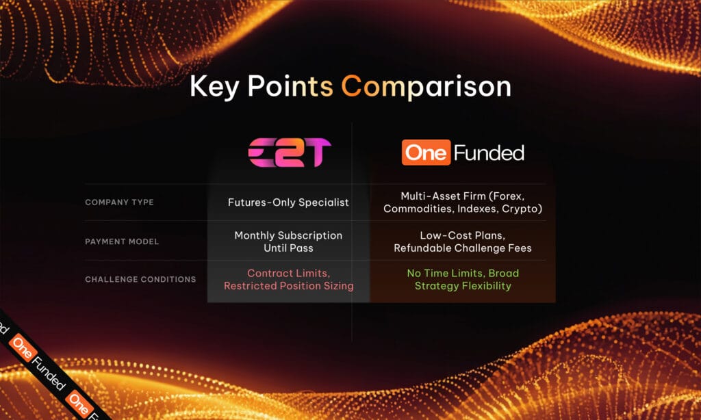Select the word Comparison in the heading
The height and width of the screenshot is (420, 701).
point(426,88)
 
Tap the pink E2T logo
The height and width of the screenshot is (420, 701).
point(289,152)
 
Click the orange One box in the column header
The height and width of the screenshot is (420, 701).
point(425,153)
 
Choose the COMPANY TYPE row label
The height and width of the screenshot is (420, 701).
point(119,202)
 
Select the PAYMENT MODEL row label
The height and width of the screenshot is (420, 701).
point(122,241)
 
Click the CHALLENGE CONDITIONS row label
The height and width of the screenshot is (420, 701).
point(140,279)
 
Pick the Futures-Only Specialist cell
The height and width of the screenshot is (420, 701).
point(288,202)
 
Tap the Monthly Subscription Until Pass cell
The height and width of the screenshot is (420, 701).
point(288,241)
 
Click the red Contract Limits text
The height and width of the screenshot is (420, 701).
point(288,273)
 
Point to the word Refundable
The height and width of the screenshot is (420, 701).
point(426,248)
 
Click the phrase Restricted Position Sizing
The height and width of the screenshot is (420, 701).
point(288,286)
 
